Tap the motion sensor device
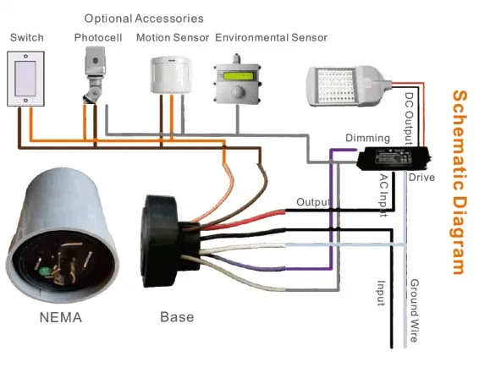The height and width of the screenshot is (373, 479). (172, 75)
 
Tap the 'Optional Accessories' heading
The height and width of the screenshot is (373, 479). (144, 18)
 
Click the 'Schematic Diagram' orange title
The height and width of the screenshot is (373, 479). (459, 182)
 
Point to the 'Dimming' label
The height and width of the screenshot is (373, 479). (367, 138)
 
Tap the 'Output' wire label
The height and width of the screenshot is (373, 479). (312, 203)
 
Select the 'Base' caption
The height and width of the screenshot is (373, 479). (176, 317)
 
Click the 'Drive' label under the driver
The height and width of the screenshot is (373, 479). (421, 178)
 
